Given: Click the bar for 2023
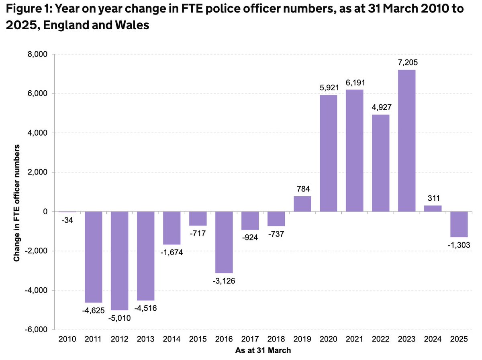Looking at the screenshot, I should click(406, 140).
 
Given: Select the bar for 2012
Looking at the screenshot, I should click(119, 261).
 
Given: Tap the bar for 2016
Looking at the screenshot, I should click(224, 242).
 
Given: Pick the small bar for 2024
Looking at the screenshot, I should click(433, 208).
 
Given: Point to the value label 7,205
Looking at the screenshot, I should click(406, 63).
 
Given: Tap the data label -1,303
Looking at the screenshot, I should click(459, 245).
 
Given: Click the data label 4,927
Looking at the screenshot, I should click(380, 108).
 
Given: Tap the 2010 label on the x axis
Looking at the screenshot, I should click(67, 340).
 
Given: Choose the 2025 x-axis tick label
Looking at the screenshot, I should click(459, 340).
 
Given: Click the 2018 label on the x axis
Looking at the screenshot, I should click(276, 340).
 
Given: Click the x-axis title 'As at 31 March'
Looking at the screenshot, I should click(263, 350).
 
